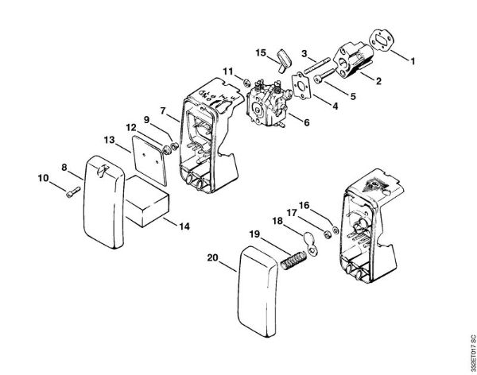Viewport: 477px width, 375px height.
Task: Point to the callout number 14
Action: [184, 226]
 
